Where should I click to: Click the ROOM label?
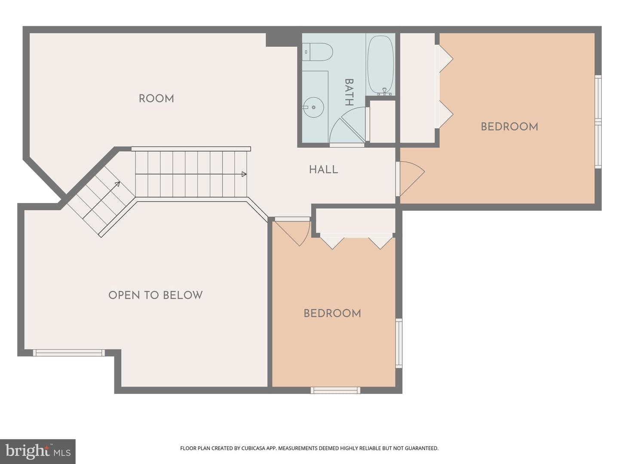click(156, 99)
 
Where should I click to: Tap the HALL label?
click(323, 170)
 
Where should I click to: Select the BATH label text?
click(349, 92)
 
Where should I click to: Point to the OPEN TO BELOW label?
click(155, 295)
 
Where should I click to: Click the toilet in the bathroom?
click(318, 52)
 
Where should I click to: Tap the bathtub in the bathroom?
click(380, 64)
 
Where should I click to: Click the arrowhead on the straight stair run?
click(244, 174)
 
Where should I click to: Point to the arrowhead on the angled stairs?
click(117, 184)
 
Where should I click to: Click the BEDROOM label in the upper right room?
click(509, 127)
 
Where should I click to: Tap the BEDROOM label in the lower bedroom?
click(332, 314)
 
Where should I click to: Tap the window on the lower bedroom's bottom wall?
click(335, 390)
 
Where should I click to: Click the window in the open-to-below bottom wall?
click(69, 353)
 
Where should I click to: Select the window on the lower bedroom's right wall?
click(399, 343)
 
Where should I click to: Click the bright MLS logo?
click(38, 451)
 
